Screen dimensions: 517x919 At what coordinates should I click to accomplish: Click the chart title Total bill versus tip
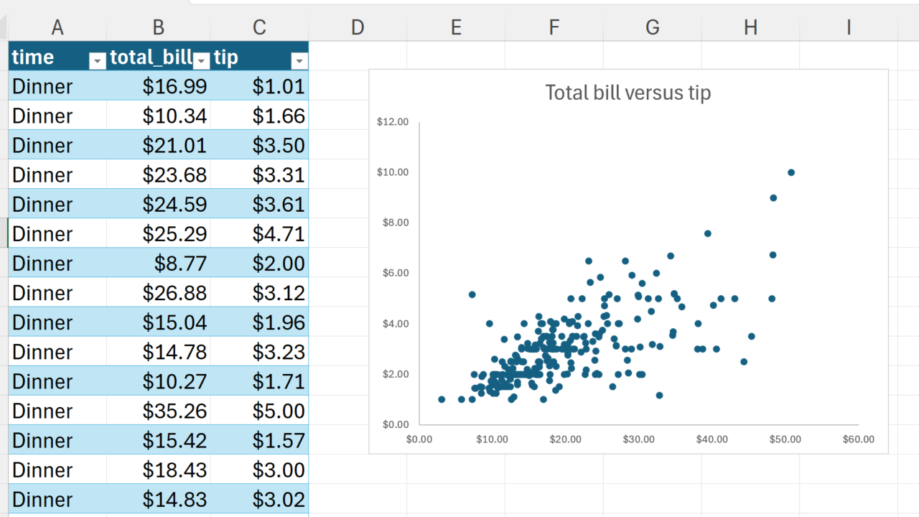pos(628,93)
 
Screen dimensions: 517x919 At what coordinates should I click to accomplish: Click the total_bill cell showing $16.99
pos(174,87)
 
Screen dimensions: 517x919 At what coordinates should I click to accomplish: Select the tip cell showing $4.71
pos(279,234)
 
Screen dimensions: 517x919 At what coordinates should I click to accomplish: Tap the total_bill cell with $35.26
pos(174,411)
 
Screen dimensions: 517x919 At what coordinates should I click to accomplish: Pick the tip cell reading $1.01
pos(279,87)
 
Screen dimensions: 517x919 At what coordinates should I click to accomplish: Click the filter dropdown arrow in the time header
pos(98,61)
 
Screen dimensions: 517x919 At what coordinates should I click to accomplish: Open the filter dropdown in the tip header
pos(299,61)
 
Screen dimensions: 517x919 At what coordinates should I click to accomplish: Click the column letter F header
pos(554,27)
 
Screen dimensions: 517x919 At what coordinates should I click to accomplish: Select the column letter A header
pos(57,27)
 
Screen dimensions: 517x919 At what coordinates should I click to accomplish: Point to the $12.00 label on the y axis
pos(393,122)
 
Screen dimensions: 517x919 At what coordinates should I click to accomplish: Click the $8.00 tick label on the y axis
pos(393,223)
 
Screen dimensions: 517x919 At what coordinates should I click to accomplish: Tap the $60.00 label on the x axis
pos(859,439)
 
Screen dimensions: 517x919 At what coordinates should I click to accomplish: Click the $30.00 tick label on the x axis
pos(639,439)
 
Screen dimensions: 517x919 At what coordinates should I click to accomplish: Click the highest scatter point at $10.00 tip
pos(791,172)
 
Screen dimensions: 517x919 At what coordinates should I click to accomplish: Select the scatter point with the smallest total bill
pos(442,399)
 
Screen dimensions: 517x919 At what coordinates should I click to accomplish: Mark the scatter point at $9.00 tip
pos(773,198)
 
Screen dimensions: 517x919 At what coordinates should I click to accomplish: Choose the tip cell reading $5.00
pos(279,411)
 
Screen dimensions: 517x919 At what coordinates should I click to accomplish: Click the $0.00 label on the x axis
pos(419,439)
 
